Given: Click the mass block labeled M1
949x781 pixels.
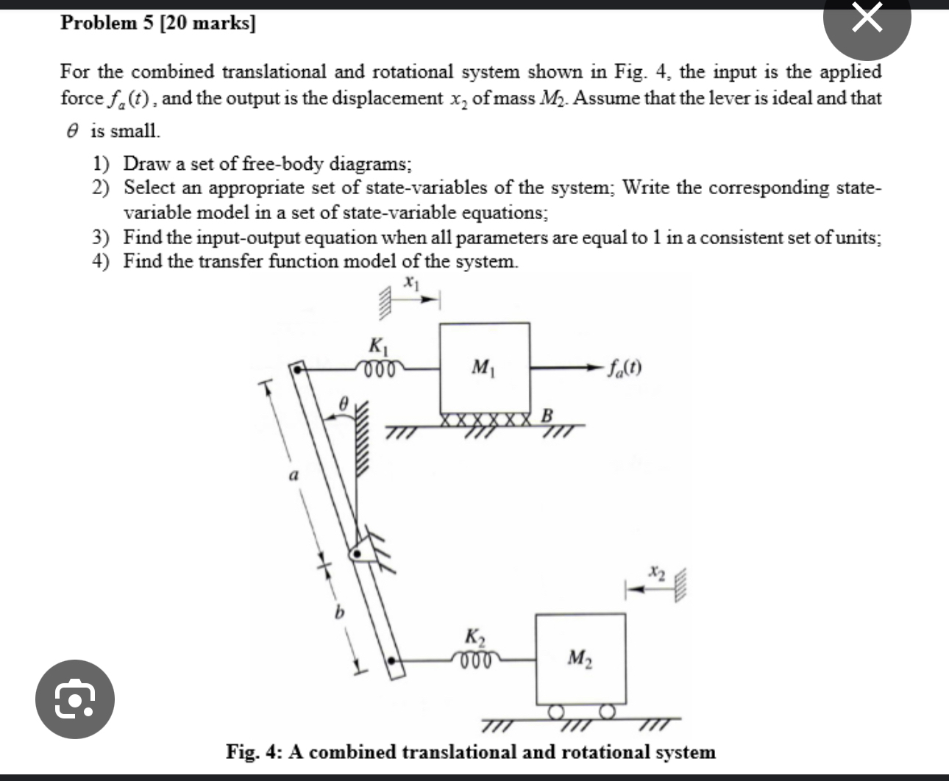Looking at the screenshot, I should click(484, 368).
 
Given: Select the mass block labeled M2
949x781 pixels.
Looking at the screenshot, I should click(580, 658).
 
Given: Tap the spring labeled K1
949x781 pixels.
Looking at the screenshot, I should click(380, 366).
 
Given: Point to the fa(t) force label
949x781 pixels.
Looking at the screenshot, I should click(625, 367).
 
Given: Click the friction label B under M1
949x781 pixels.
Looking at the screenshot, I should click(547, 415).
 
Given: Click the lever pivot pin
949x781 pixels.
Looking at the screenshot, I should click(358, 554).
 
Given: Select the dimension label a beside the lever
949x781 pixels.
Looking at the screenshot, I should click(292, 476).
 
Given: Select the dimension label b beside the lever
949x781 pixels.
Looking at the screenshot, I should click(339, 612).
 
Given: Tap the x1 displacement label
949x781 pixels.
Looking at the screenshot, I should click(411, 281).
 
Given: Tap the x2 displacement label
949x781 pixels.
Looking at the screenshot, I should click(656, 571).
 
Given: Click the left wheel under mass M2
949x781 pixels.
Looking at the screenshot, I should click(556, 711).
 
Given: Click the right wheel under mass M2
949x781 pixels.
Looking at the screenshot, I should click(606, 711).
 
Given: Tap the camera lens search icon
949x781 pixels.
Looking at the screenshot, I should click(75, 699).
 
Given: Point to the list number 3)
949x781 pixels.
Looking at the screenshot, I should click(102, 237).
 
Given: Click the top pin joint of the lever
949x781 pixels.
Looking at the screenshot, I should click(298, 368).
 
